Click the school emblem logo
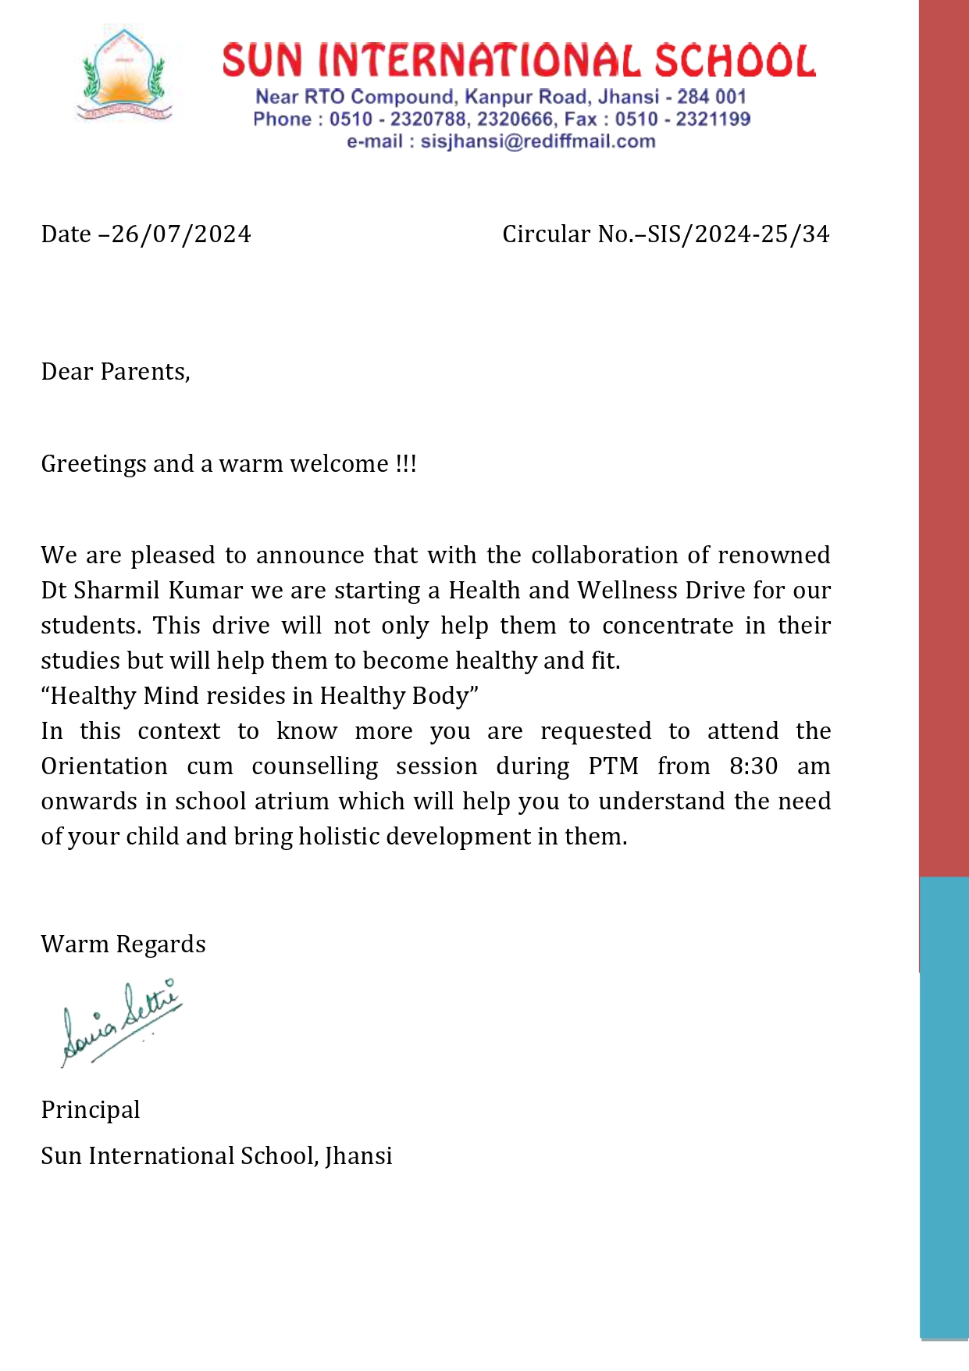124,75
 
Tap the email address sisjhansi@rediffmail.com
537,141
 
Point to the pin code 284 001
711,97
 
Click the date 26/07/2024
181,234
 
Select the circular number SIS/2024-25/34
737,234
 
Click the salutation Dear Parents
115,372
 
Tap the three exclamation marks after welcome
406,463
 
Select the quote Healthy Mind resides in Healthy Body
259,696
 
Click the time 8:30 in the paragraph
753,766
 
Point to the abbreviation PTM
613,766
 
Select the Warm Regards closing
123,944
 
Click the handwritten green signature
121,1023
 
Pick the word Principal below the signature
91,1110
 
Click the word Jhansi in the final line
358,1156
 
